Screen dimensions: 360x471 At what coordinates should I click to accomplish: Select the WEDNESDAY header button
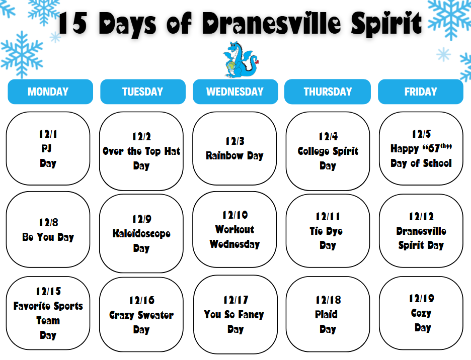(x=235, y=92)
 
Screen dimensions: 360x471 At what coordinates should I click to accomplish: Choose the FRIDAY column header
(x=420, y=92)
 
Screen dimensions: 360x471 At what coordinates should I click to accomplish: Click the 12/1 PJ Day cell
(x=48, y=148)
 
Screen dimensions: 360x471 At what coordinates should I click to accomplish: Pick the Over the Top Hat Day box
(x=141, y=151)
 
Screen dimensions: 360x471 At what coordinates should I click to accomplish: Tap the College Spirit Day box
(x=328, y=151)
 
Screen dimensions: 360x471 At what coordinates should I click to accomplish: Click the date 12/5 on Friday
(x=421, y=134)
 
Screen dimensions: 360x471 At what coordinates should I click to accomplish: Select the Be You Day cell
(x=48, y=230)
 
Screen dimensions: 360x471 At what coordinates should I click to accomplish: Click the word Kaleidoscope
(x=141, y=234)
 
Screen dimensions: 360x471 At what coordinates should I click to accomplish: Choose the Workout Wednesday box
(x=234, y=230)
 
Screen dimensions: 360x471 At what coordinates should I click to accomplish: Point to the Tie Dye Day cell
(x=328, y=231)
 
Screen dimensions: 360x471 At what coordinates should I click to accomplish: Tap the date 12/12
(x=421, y=217)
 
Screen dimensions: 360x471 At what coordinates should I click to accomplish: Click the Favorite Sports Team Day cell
(x=48, y=313)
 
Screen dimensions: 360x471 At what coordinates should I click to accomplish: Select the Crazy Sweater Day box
(x=141, y=315)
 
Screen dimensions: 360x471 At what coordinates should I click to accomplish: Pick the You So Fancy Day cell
(x=234, y=314)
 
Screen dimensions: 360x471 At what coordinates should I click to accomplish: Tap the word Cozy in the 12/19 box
(x=421, y=313)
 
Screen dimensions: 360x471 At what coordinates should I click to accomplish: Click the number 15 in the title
(x=73, y=24)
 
